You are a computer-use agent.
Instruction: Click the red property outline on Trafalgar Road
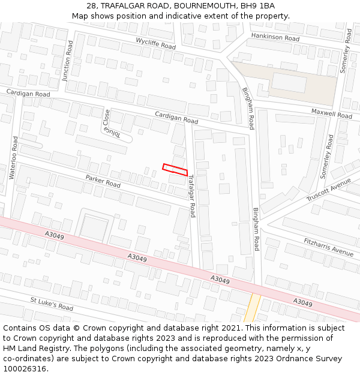coord(175,169)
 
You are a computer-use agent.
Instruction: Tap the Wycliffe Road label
coord(155,43)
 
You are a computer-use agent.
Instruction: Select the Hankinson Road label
coord(275,37)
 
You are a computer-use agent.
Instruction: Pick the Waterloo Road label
coord(13,157)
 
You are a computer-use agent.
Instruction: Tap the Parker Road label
coord(103,181)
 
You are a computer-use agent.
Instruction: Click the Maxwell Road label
coord(331,113)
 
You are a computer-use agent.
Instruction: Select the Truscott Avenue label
coord(328,190)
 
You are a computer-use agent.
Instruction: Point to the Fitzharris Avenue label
coord(328,247)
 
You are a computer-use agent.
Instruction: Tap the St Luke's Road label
coord(52,304)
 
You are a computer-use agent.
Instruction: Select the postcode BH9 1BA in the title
coord(248,6)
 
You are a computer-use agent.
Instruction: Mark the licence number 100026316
coord(26,368)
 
